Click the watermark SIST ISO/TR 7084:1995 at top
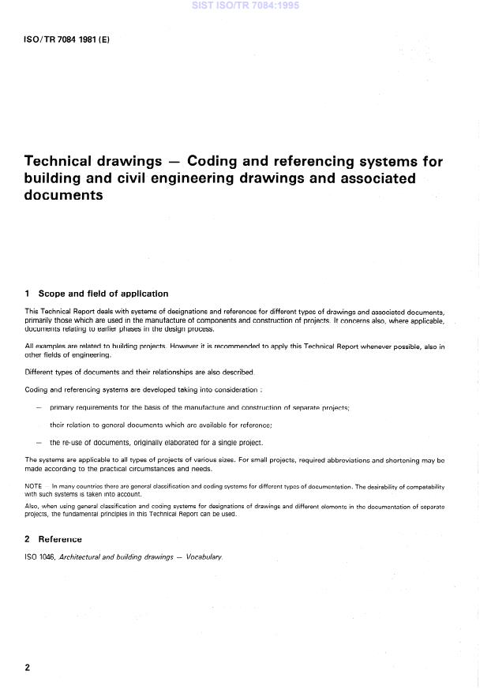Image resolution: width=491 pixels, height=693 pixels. tap(245, 6)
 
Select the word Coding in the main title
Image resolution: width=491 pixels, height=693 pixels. tap(222, 162)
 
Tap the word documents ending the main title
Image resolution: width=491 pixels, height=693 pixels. tap(64, 195)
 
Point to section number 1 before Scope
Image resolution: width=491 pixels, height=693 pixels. tap(28, 294)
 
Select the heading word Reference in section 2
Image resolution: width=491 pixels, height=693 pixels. tap(61, 539)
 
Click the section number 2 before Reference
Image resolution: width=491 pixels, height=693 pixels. tap(28, 539)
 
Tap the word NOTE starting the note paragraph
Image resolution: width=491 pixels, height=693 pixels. tap(34, 486)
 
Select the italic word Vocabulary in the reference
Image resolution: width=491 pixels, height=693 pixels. tap(201, 557)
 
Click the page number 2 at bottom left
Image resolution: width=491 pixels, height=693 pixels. tap(28, 667)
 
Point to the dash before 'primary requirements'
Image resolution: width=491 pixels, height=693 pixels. tap(39, 407)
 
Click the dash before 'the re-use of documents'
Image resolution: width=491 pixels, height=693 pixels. tap(39, 442)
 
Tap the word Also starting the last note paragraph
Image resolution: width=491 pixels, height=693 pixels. tap(33, 505)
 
